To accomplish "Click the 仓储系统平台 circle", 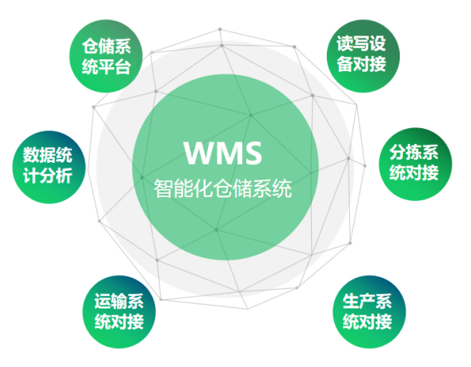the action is (x=106, y=56).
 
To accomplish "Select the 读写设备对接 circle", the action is (x=363, y=56).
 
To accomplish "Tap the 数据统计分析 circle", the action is (x=49, y=167).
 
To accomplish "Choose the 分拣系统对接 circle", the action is (x=416, y=165).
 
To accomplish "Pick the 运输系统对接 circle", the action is (x=120, y=312).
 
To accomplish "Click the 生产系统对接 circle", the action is (x=369, y=312).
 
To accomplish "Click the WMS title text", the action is (x=223, y=153).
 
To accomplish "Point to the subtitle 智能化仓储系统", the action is (x=223, y=189).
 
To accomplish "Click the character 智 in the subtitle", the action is (x=164, y=189).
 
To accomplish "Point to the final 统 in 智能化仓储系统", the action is (x=283, y=189).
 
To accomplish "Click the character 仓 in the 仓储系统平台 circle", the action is (x=89, y=46).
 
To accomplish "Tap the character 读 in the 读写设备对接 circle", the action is (x=344, y=44).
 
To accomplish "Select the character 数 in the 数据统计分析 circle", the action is (x=31, y=155).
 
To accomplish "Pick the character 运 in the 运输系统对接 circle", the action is (x=103, y=301).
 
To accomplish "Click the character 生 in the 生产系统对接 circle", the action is (x=351, y=301).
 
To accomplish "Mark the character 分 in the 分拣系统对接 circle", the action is (x=397, y=153).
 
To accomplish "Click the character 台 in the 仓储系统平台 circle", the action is (x=123, y=66).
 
